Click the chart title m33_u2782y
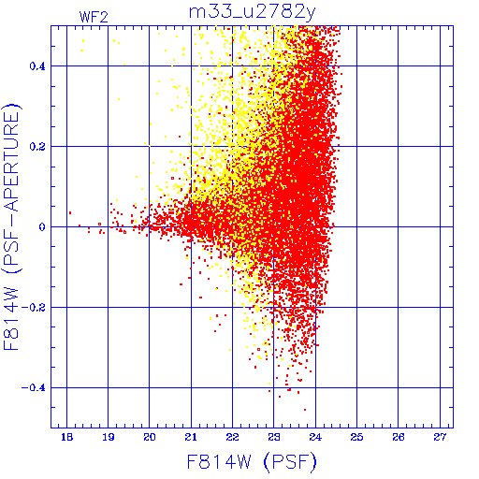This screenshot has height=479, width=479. point(253,12)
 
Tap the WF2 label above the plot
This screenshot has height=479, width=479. point(94,17)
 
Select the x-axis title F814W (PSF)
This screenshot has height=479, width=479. point(252,462)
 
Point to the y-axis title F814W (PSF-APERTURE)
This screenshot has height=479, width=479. point(11,226)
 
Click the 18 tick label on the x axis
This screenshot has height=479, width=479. point(66,437)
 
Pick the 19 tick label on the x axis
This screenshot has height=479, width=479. point(109,437)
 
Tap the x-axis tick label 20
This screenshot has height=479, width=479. point(150,437)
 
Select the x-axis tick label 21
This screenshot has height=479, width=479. point(191,437)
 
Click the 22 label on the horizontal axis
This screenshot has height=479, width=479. point(232,437)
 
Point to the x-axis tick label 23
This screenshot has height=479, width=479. point(274,437)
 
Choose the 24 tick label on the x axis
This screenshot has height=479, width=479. point(315,437)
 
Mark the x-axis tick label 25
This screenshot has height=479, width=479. point(356,437)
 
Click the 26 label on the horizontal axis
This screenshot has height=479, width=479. point(399,437)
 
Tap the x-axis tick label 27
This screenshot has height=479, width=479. point(440,437)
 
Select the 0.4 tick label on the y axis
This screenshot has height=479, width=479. point(37,66)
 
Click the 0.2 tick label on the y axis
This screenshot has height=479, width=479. point(37,147)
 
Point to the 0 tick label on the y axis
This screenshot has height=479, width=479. point(42,227)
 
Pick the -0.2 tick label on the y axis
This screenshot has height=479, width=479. point(34,308)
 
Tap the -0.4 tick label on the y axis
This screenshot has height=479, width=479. point(34,388)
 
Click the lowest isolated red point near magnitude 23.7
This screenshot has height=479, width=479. point(305,410)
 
